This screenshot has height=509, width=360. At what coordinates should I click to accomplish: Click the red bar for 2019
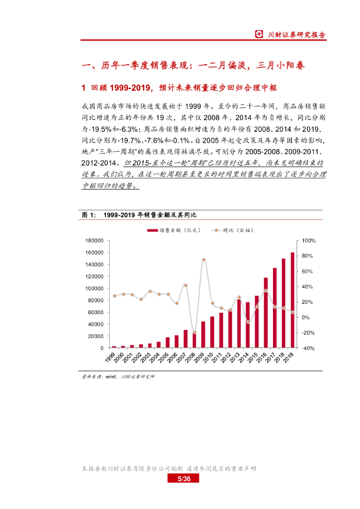[x=292, y=300]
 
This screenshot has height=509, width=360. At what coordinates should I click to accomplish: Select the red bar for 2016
[x=266, y=313]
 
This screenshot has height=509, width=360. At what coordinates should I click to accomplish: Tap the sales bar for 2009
[x=203, y=335]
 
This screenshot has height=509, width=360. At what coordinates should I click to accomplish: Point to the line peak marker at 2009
[x=203, y=259]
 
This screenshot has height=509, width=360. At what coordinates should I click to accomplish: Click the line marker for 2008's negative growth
[x=194, y=333]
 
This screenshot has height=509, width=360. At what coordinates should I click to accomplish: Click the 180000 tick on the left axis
[x=94, y=241]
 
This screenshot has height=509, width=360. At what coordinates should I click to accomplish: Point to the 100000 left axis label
[x=94, y=288]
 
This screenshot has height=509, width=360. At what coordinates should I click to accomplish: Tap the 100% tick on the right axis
[x=309, y=241]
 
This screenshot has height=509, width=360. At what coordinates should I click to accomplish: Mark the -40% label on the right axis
[x=309, y=348]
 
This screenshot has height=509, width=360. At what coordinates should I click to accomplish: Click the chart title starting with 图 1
[x=139, y=215]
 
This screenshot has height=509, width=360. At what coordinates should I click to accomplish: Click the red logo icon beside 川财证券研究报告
[x=259, y=35]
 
